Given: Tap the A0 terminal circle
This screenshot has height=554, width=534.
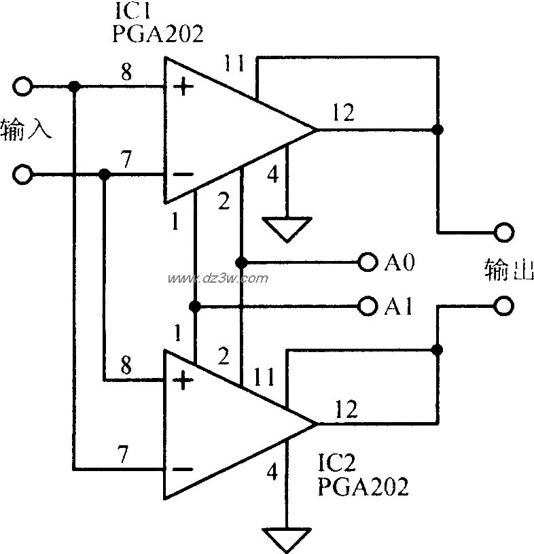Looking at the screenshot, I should (368, 262).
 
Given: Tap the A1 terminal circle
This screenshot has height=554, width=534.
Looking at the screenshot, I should (368, 307).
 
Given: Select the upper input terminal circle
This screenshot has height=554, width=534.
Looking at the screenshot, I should (22, 86).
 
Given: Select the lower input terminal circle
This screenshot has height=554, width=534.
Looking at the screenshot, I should (22, 175).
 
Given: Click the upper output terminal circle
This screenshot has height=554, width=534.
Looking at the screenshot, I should (503, 232).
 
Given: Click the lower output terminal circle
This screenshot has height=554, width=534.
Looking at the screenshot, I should (503, 307).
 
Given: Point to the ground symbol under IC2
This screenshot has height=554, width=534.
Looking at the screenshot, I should (287, 539).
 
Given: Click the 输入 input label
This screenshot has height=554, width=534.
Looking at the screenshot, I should (27, 129).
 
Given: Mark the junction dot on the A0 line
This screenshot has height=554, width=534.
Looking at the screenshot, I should (241, 262).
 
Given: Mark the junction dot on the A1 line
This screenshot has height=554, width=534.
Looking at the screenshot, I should (196, 307).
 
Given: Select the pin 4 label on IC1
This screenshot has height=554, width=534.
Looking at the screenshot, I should (272, 176).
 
